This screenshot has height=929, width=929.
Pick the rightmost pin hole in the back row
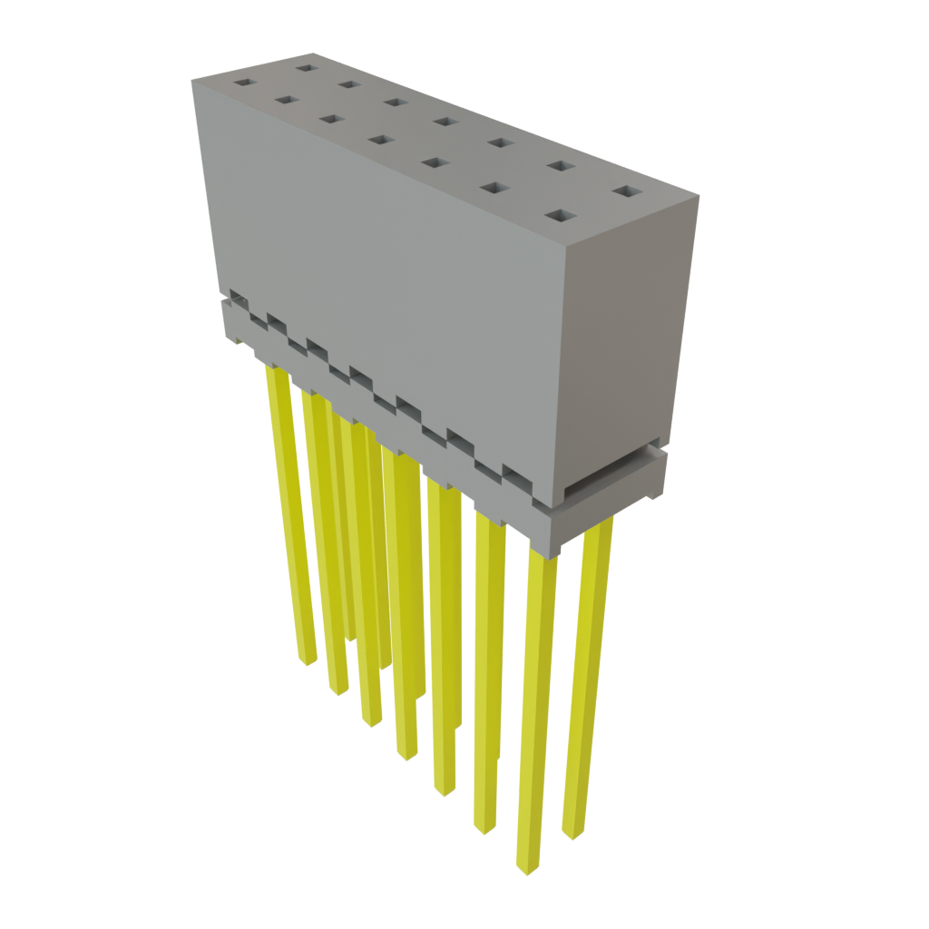[624, 191]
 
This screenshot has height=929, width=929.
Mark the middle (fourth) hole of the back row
[444, 121]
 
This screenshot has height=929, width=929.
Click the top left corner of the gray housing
[192, 82]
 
